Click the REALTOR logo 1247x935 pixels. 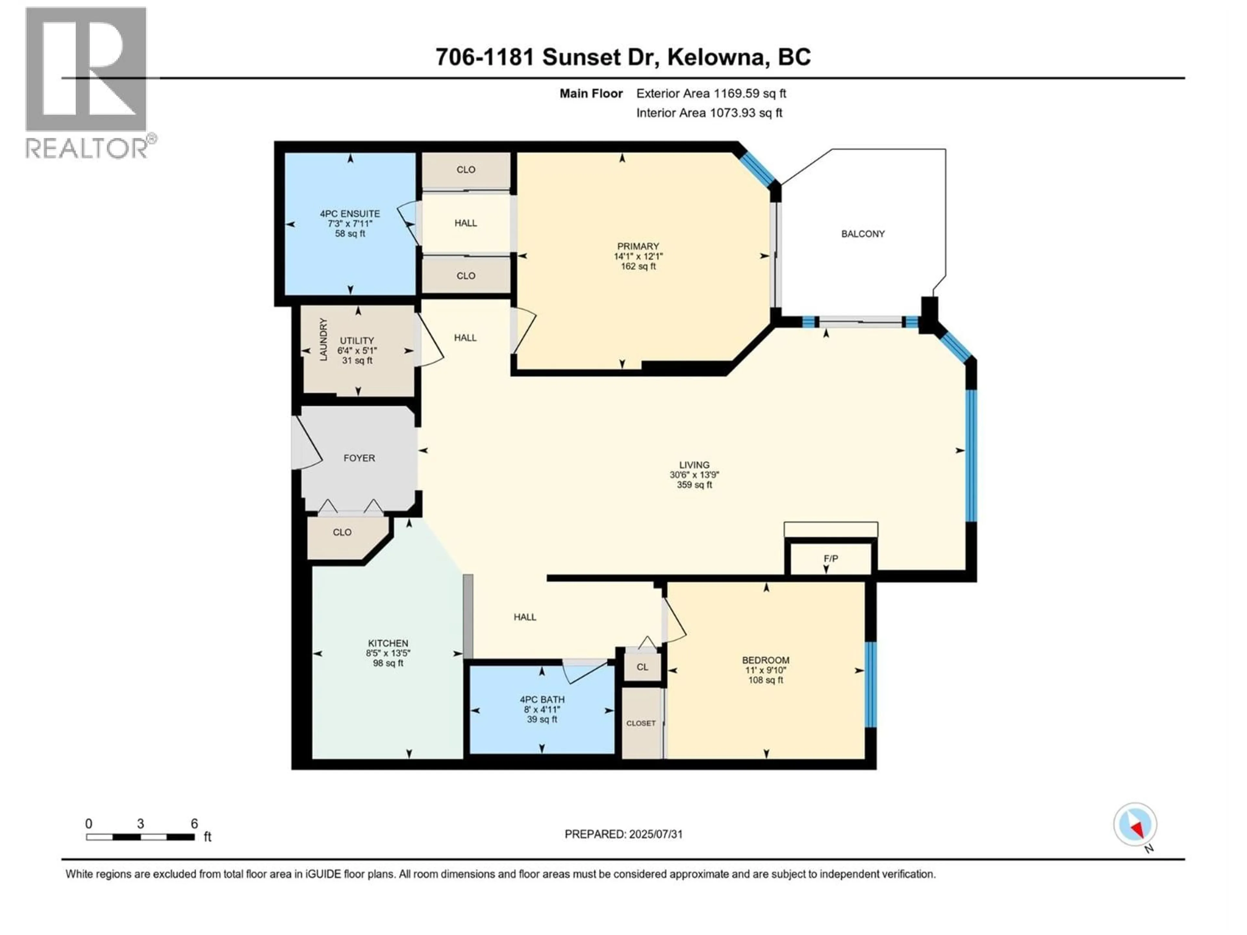[x=87, y=82]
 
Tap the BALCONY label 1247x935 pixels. [x=863, y=234]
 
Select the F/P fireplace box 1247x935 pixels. [x=830, y=558]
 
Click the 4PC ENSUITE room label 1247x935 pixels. [x=350, y=214]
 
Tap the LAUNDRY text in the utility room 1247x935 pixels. [x=323, y=339]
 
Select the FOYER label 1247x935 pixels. [x=359, y=458]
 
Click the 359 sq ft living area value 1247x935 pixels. [x=694, y=485]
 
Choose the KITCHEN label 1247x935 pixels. [x=388, y=643]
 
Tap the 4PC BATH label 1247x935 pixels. [x=542, y=699]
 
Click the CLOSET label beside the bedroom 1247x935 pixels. [x=641, y=723]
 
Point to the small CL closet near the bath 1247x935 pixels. [x=642, y=667]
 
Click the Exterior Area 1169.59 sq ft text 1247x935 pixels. [x=711, y=93]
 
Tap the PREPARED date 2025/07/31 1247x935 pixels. [x=623, y=834]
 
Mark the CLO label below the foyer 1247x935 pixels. [x=342, y=532]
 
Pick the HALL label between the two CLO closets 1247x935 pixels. [x=466, y=223]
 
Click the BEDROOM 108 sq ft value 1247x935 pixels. [x=765, y=680]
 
